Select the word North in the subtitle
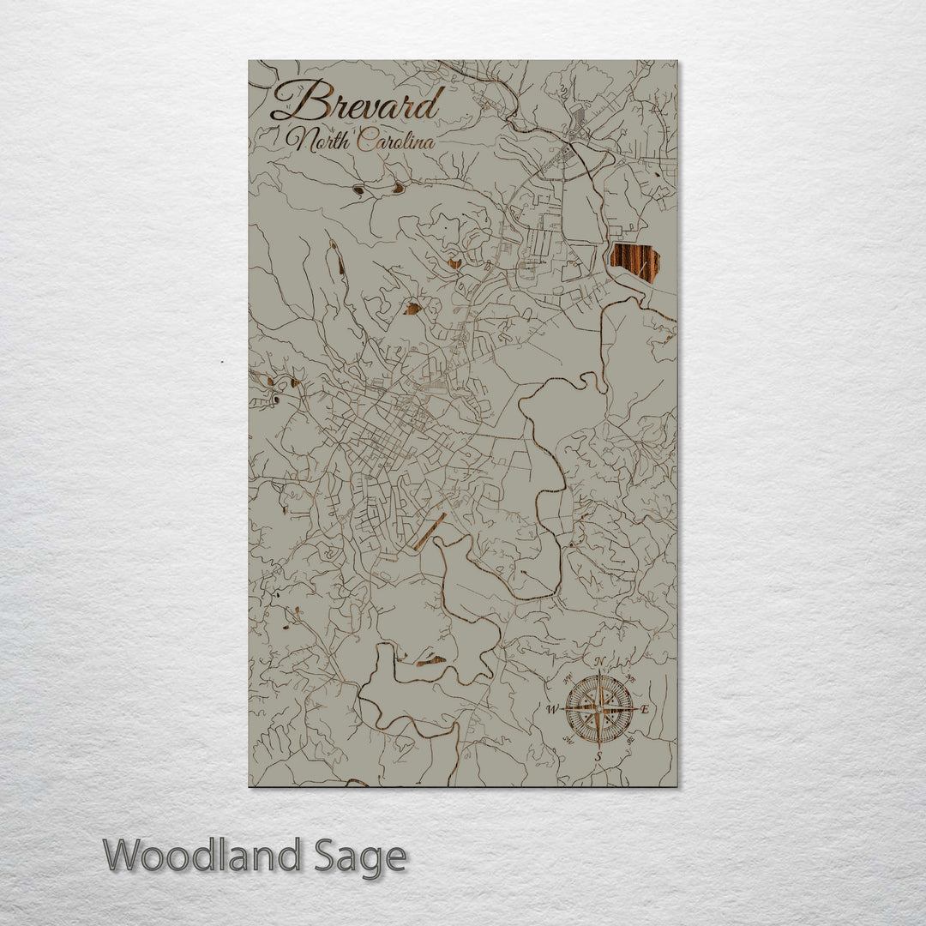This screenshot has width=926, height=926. [x=320, y=141]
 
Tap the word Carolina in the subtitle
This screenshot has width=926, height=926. [x=395, y=141]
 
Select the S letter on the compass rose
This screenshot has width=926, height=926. [x=599, y=756]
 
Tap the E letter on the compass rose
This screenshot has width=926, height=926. [x=646, y=709]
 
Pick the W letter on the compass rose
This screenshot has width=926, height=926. [x=551, y=709]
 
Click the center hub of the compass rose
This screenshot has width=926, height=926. [x=599, y=709]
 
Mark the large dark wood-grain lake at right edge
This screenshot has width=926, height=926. [x=634, y=262]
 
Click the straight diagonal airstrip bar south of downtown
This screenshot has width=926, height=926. [x=429, y=532]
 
